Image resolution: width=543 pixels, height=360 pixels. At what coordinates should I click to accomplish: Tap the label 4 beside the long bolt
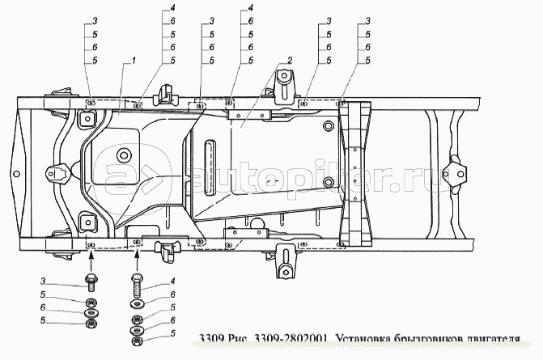click(172, 281)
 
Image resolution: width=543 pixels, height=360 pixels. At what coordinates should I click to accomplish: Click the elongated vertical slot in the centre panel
click(212, 166)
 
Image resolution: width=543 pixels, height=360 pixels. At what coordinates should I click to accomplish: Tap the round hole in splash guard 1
click(124, 155)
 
